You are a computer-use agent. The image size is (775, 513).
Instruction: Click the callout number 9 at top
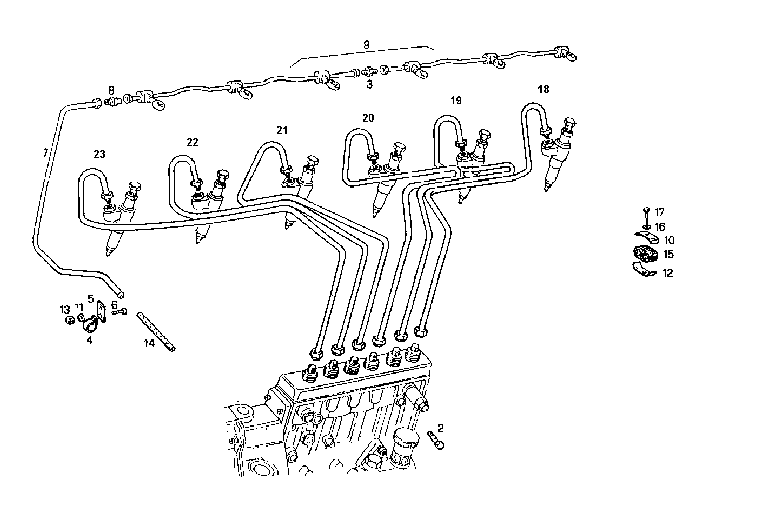point(366,45)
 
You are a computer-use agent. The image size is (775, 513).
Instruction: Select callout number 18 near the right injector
point(543,89)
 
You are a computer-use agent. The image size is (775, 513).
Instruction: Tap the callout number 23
point(99,155)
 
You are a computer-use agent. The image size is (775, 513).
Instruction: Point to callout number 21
point(282,130)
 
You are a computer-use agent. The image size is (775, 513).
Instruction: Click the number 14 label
point(149,343)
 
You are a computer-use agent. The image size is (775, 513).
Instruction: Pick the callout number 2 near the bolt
point(440,429)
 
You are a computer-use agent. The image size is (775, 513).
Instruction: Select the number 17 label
point(659,212)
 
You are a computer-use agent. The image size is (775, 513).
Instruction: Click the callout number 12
point(667,274)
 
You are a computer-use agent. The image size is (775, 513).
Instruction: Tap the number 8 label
point(111,90)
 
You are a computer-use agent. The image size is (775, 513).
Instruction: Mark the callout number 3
point(369,84)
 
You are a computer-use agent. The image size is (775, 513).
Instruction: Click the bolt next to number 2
point(434,439)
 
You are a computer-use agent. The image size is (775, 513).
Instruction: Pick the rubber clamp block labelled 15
point(645,254)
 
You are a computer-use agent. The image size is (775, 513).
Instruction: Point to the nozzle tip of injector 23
point(110,251)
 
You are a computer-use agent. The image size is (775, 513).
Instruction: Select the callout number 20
point(368,118)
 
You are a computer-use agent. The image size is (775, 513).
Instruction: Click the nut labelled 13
point(69,321)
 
